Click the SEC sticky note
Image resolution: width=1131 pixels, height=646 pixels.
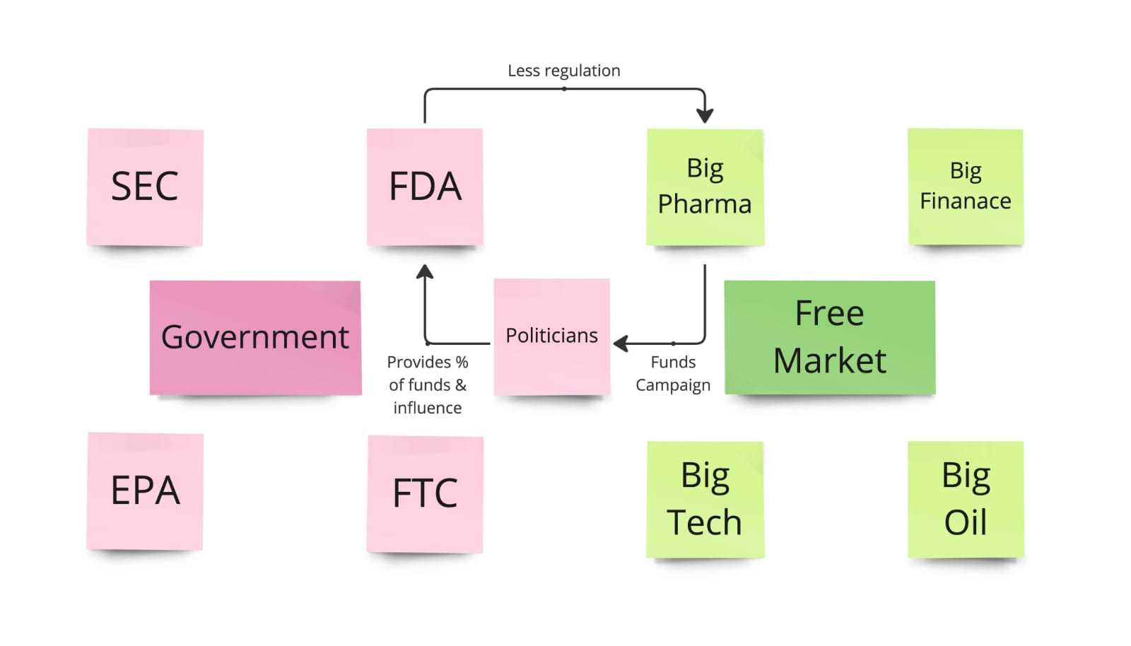[x=145, y=187]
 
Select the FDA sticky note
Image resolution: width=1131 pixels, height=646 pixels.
[x=425, y=187]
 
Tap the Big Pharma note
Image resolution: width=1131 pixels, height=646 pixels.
[x=705, y=187]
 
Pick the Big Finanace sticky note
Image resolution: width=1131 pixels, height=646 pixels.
[x=966, y=187]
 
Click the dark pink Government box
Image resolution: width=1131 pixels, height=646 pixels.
[x=255, y=338]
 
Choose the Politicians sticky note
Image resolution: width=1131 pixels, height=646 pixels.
[x=552, y=337]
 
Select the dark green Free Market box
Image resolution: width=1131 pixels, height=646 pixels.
[x=830, y=337]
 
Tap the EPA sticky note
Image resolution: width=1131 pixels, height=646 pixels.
[x=145, y=491]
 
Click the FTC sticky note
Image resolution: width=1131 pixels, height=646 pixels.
[x=425, y=494]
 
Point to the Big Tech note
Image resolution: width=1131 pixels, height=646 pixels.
[x=705, y=500]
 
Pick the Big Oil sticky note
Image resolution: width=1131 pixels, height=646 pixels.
[x=966, y=500]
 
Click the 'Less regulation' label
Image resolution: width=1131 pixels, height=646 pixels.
[x=564, y=71]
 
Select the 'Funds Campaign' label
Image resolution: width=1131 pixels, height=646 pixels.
[x=673, y=373]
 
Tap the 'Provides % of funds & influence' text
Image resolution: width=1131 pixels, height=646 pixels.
[x=428, y=384]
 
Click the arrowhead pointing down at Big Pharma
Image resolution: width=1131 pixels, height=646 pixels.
[x=705, y=116]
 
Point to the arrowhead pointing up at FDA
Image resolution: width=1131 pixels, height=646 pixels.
[x=425, y=271]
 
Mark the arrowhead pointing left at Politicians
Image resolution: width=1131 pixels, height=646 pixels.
[x=621, y=343]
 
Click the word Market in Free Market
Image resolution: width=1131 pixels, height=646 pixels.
[x=830, y=360]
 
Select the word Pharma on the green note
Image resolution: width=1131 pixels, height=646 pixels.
[x=705, y=204]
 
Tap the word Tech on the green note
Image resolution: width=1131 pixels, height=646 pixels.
[x=704, y=522]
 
